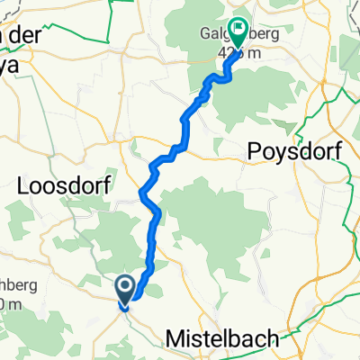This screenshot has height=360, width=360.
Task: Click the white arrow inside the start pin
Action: [x=125, y=287]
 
